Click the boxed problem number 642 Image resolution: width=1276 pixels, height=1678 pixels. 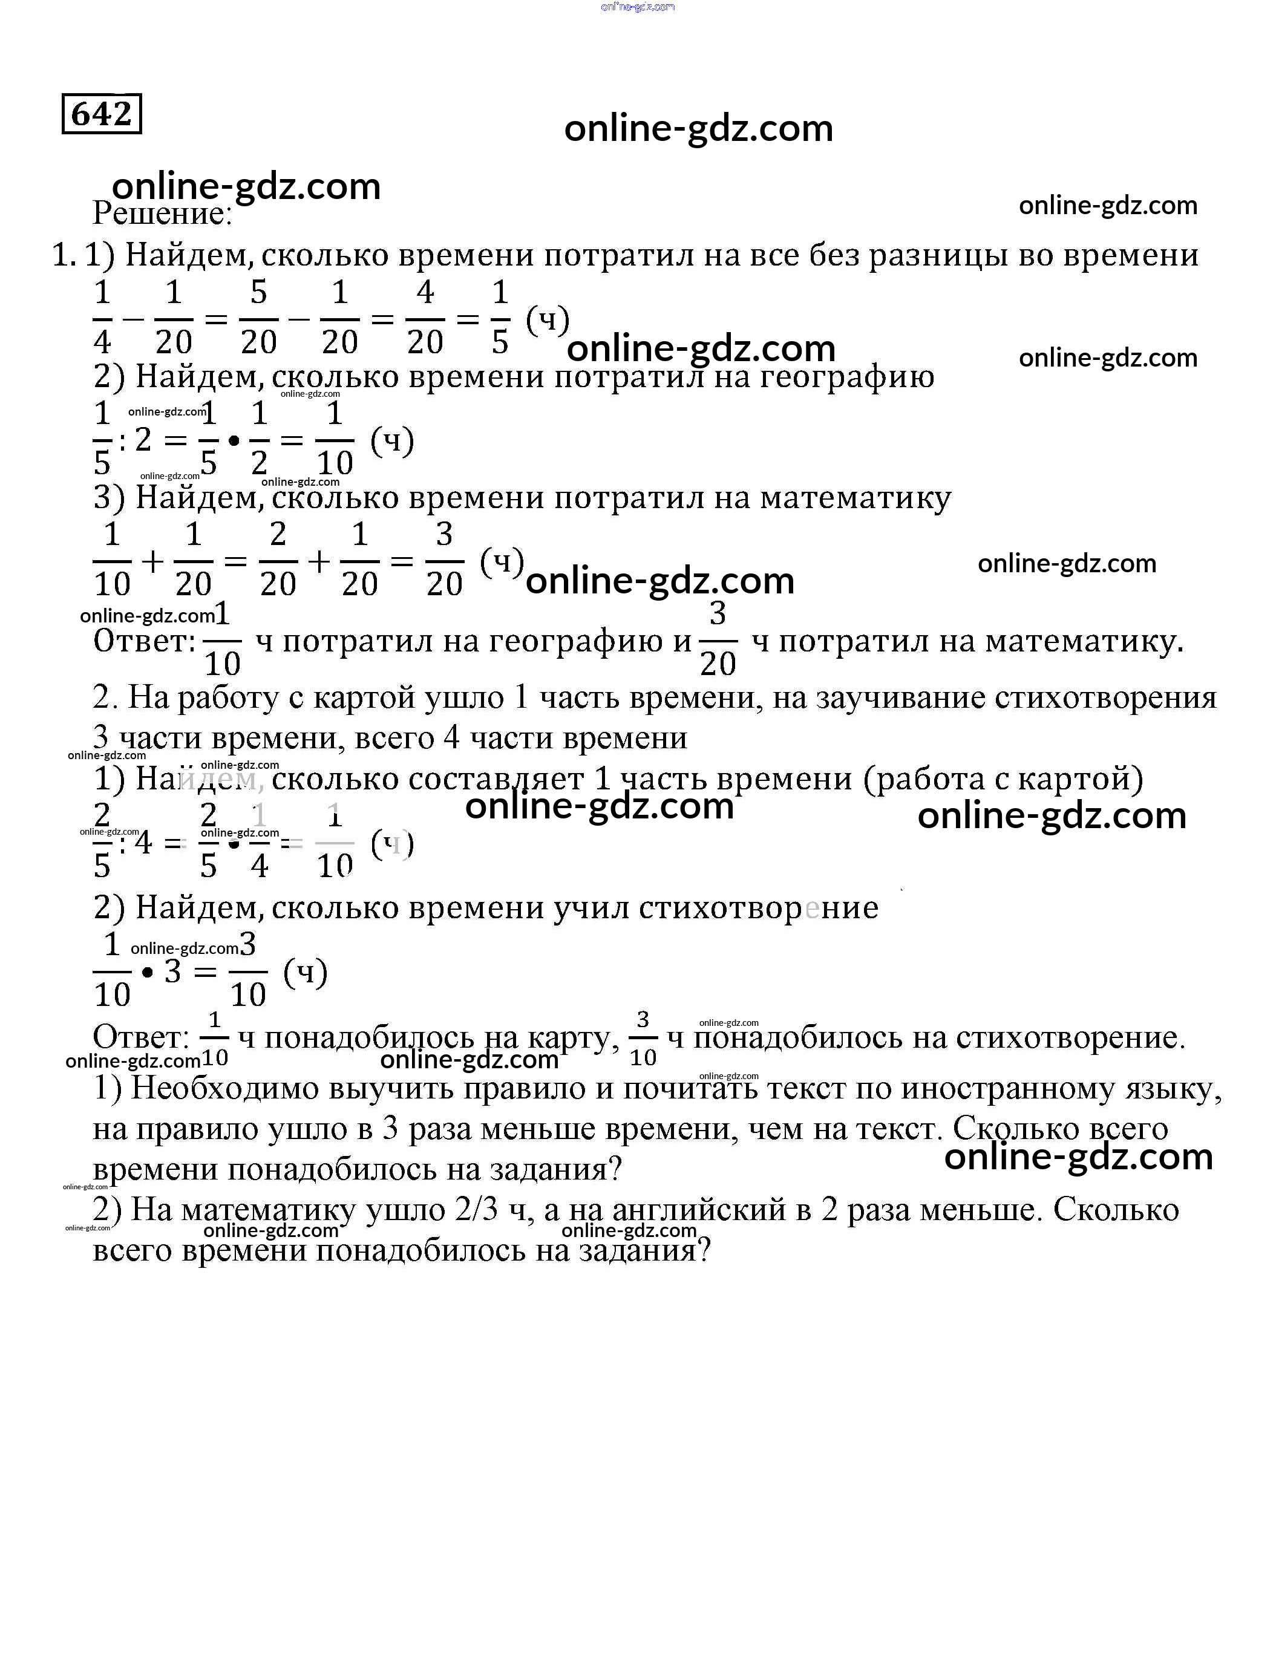pyautogui.click(x=102, y=114)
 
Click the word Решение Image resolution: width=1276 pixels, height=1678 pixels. pyautogui.click(x=161, y=214)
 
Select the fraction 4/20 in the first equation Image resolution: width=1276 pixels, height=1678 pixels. pyautogui.click(x=425, y=318)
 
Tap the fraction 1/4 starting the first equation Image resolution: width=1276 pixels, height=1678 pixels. pyautogui.click(x=102, y=318)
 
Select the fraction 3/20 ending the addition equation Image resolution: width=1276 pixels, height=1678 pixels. pyautogui.click(x=444, y=560)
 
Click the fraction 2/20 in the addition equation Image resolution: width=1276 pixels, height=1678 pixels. pyautogui.click(x=278, y=560)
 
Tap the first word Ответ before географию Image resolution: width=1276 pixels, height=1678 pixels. pyautogui.click(x=145, y=642)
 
